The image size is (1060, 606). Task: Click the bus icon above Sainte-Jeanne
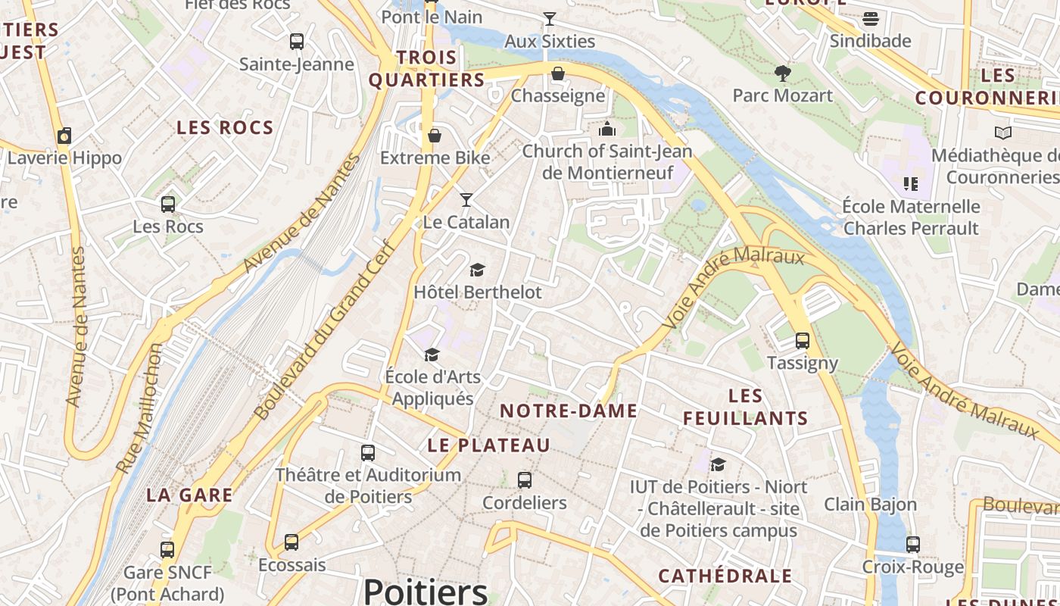tap(297, 42)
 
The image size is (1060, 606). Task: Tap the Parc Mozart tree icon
tap(783, 73)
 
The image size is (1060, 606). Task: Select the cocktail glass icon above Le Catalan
tap(466, 200)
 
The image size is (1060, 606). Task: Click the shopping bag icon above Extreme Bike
tap(435, 136)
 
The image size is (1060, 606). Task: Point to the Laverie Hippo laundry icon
tap(64, 136)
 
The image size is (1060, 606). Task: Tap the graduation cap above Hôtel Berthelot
tap(477, 270)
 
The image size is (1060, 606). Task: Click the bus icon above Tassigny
tap(803, 341)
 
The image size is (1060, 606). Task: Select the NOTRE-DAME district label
tap(569, 411)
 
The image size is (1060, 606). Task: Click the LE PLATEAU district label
tap(488, 445)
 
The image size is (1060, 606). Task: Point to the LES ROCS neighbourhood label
tap(225, 128)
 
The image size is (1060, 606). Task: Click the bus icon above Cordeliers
tap(524, 480)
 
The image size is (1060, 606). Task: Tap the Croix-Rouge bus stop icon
tap(913, 545)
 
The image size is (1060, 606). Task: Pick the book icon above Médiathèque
tap(1003, 133)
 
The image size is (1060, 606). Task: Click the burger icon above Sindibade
tap(871, 18)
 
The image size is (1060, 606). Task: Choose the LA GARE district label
tap(189, 495)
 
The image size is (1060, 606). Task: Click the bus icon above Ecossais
tap(291, 542)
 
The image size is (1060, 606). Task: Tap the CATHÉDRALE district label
tap(725, 576)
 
